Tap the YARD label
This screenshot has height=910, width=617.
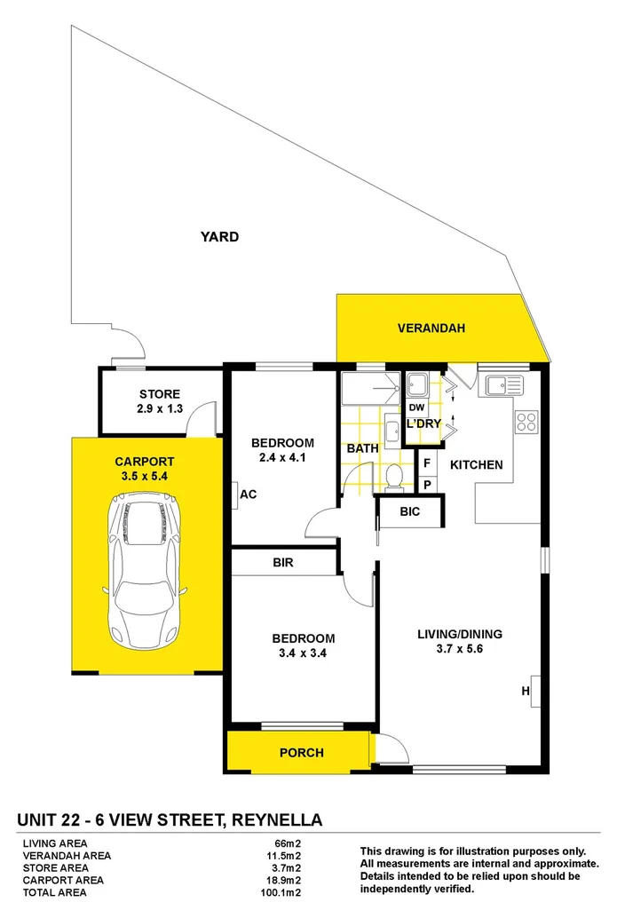pyautogui.click(x=218, y=237)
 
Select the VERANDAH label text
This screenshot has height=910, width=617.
pyautogui.click(x=431, y=328)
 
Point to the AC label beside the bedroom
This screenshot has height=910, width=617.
pyautogui.click(x=248, y=495)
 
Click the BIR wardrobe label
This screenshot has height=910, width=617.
pyautogui.click(x=283, y=563)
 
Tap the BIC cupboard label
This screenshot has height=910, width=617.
pyautogui.click(x=410, y=512)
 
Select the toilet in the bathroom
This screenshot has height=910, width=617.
pyautogui.click(x=393, y=477)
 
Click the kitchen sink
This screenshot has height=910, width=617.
pyautogui.click(x=500, y=385)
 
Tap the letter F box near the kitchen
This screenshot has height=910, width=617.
pyautogui.click(x=427, y=463)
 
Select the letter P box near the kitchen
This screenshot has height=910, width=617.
pyautogui.click(x=427, y=485)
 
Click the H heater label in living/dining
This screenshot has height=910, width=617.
pyautogui.click(x=526, y=692)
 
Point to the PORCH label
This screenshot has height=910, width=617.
pyautogui.click(x=301, y=753)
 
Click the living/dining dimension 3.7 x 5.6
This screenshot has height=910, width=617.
pyautogui.click(x=460, y=649)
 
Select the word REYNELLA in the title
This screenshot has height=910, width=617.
pyautogui.click(x=274, y=819)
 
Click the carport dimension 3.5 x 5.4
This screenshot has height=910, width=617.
pyautogui.click(x=144, y=476)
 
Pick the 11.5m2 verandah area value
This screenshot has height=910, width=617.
pyautogui.click(x=287, y=856)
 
